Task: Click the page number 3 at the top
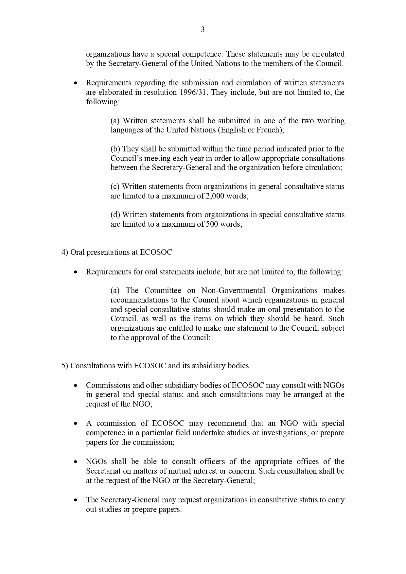(x=203, y=30)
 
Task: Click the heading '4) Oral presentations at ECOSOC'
(x=117, y=252)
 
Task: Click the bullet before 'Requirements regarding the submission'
(x=76, y=83)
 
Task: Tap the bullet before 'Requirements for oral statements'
(x=76, y=272)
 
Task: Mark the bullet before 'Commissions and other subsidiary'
(x=76, y=386)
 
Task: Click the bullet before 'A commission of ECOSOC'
(x=76, y=424)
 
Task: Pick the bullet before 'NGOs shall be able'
(x=76, y=462)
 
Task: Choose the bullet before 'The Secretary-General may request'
(x=76, y=500)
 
